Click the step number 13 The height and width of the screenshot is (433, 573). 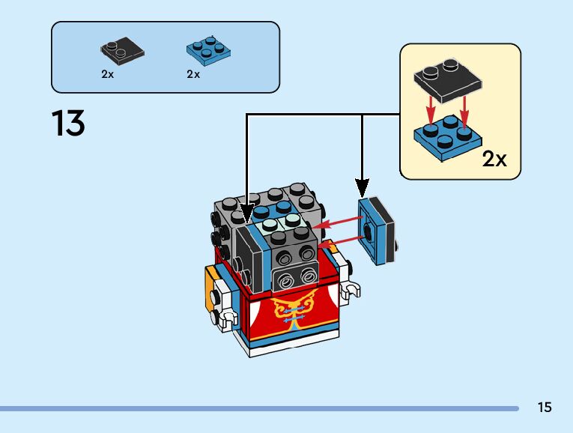click(x=68, y=123)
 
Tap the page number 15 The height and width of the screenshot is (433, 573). click(x=545, y=408)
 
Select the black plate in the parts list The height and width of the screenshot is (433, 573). click(x=122, y=51)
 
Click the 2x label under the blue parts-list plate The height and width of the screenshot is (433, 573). click(x=194, y=74)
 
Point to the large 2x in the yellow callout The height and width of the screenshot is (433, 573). click(x=494, y=159)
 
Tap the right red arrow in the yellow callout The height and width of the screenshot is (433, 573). click(x=464, y=110)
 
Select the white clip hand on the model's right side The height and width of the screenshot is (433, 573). click(x=349, y=290)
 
